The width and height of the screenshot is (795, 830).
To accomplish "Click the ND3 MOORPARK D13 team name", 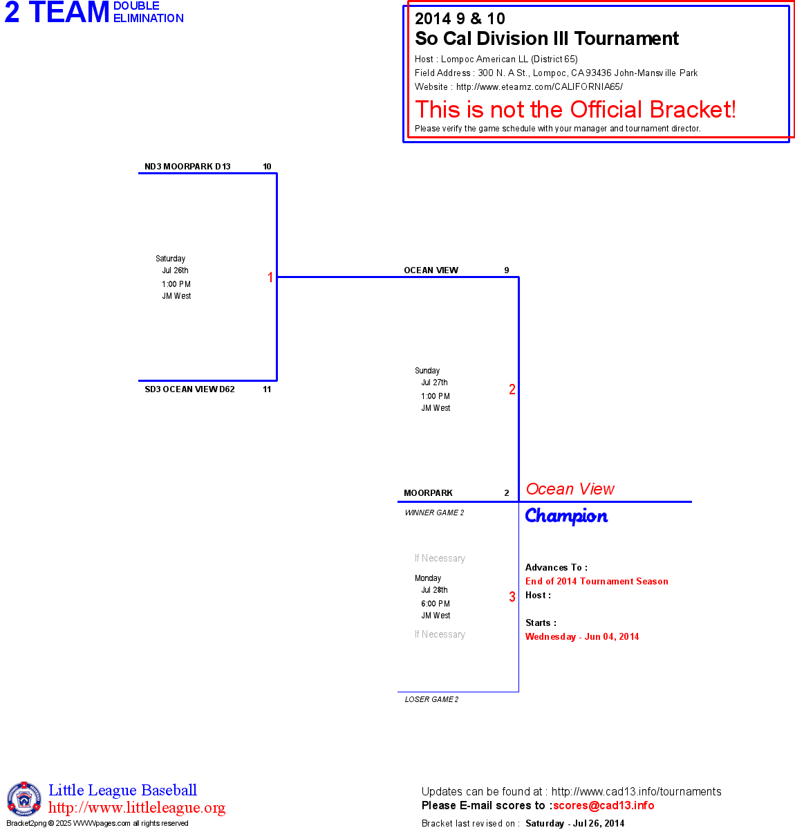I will (187, 167).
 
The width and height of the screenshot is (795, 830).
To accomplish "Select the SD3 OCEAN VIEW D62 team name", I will (189, 389).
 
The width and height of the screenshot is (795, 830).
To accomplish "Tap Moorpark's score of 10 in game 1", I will (267, 167).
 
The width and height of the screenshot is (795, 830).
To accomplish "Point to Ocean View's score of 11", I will (267, 389).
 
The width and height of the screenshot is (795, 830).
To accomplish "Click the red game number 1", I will (270, 277).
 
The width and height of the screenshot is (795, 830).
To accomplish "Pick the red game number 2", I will (512, 389).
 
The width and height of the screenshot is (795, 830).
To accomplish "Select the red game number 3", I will (512, 597).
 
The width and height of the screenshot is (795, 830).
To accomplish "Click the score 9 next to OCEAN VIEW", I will (507, 270).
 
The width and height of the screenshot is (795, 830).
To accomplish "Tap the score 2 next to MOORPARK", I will (507, 493).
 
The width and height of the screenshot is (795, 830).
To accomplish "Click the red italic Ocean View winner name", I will (570, 489).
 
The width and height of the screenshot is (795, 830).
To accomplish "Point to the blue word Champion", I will (566, 516).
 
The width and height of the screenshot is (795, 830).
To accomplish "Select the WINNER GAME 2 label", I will (434, 513).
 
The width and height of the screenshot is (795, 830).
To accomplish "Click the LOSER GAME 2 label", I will (431, 699).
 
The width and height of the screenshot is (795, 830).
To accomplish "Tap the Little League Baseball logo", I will (24, 799).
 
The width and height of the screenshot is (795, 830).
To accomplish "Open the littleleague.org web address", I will (137, 808).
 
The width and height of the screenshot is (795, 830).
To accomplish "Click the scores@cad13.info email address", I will (604, 805).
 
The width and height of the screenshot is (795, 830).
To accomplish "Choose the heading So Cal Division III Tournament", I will (547, 39).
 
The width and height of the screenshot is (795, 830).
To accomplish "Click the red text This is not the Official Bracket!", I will (575, 109).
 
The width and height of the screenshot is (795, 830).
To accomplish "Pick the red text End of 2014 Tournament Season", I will (597, 582).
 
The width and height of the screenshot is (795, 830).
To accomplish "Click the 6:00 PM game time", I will (436, 604).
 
